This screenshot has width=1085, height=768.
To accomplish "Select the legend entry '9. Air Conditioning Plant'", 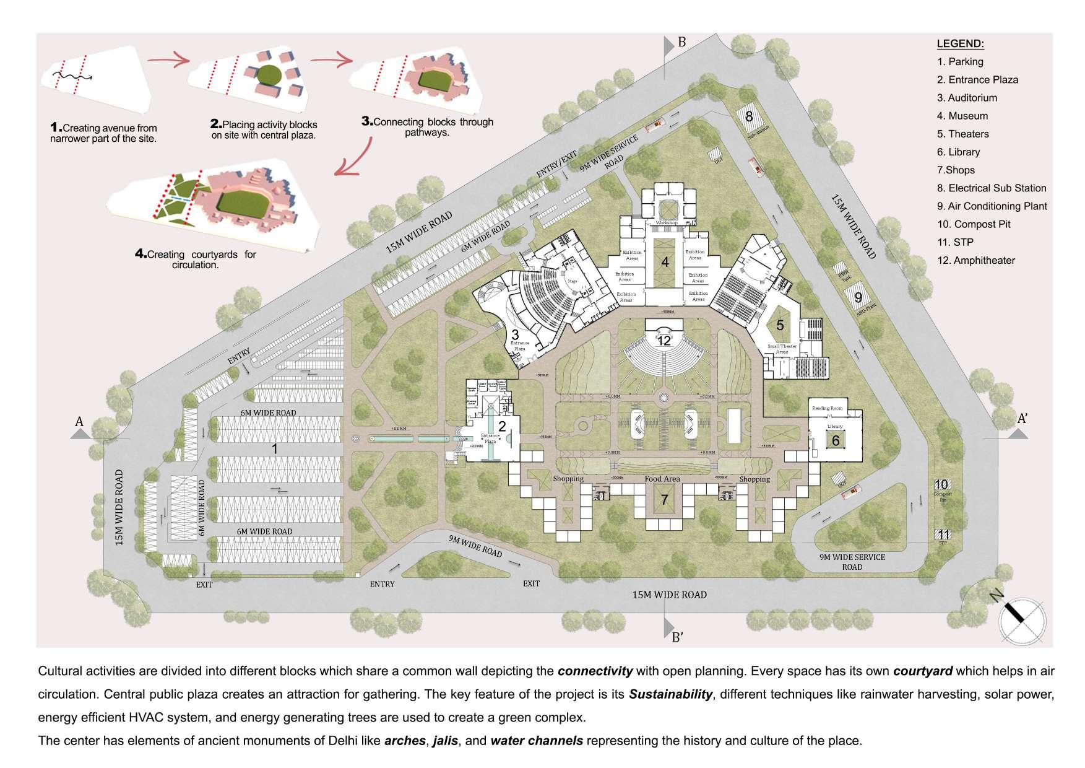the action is tap(992, 206).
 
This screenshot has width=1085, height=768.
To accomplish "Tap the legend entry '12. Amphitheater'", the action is tap(975, 261).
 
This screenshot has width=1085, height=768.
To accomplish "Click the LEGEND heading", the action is tap(960, 44).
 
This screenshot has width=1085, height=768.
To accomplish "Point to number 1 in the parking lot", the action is tap(275, 448).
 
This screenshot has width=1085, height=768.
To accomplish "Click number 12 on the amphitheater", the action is tap(664, 341).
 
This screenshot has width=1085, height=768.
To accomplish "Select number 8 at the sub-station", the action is tap(748, 116).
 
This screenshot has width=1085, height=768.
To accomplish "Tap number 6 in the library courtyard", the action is tap(836, 441).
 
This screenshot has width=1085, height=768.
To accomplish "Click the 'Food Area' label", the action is tap(662, 479).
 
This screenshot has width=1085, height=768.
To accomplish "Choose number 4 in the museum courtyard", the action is tap(665, 262).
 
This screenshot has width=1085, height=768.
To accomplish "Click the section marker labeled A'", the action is tap(1022, 419).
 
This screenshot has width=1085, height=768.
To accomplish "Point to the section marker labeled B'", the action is tap(677, 636).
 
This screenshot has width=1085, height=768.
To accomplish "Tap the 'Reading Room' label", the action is tap(828, 408).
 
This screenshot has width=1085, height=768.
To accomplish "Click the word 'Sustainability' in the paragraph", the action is tap(670, 694).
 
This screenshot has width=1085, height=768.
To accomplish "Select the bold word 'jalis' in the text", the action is tap(445, 741).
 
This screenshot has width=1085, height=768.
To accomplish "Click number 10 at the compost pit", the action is tap(941, 485).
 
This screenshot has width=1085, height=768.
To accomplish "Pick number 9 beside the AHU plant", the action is tap(858, 297).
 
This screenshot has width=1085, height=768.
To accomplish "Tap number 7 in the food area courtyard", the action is tap(664, 499).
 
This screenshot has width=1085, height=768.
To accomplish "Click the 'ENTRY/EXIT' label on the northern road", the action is tap(556, 164).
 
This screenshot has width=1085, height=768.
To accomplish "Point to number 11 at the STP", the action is tap(943, 535).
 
